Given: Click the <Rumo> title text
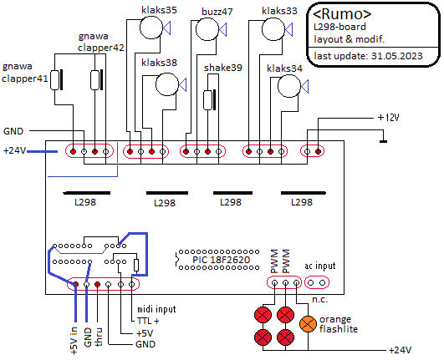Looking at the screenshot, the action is coord(342,14).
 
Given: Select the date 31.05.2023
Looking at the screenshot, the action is coord(397,56).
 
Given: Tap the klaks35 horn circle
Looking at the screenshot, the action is coord(151,28).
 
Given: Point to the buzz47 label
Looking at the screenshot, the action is coord(217,12).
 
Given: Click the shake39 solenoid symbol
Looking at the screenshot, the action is coord(209,100).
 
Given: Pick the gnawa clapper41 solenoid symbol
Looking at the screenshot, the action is coord(56,80).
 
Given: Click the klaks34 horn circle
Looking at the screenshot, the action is coord(289,86).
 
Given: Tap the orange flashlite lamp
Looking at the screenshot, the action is coord(308,324).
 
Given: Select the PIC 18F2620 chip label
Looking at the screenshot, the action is coord(222,260).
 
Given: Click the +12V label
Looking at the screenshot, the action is coord(389,118).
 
